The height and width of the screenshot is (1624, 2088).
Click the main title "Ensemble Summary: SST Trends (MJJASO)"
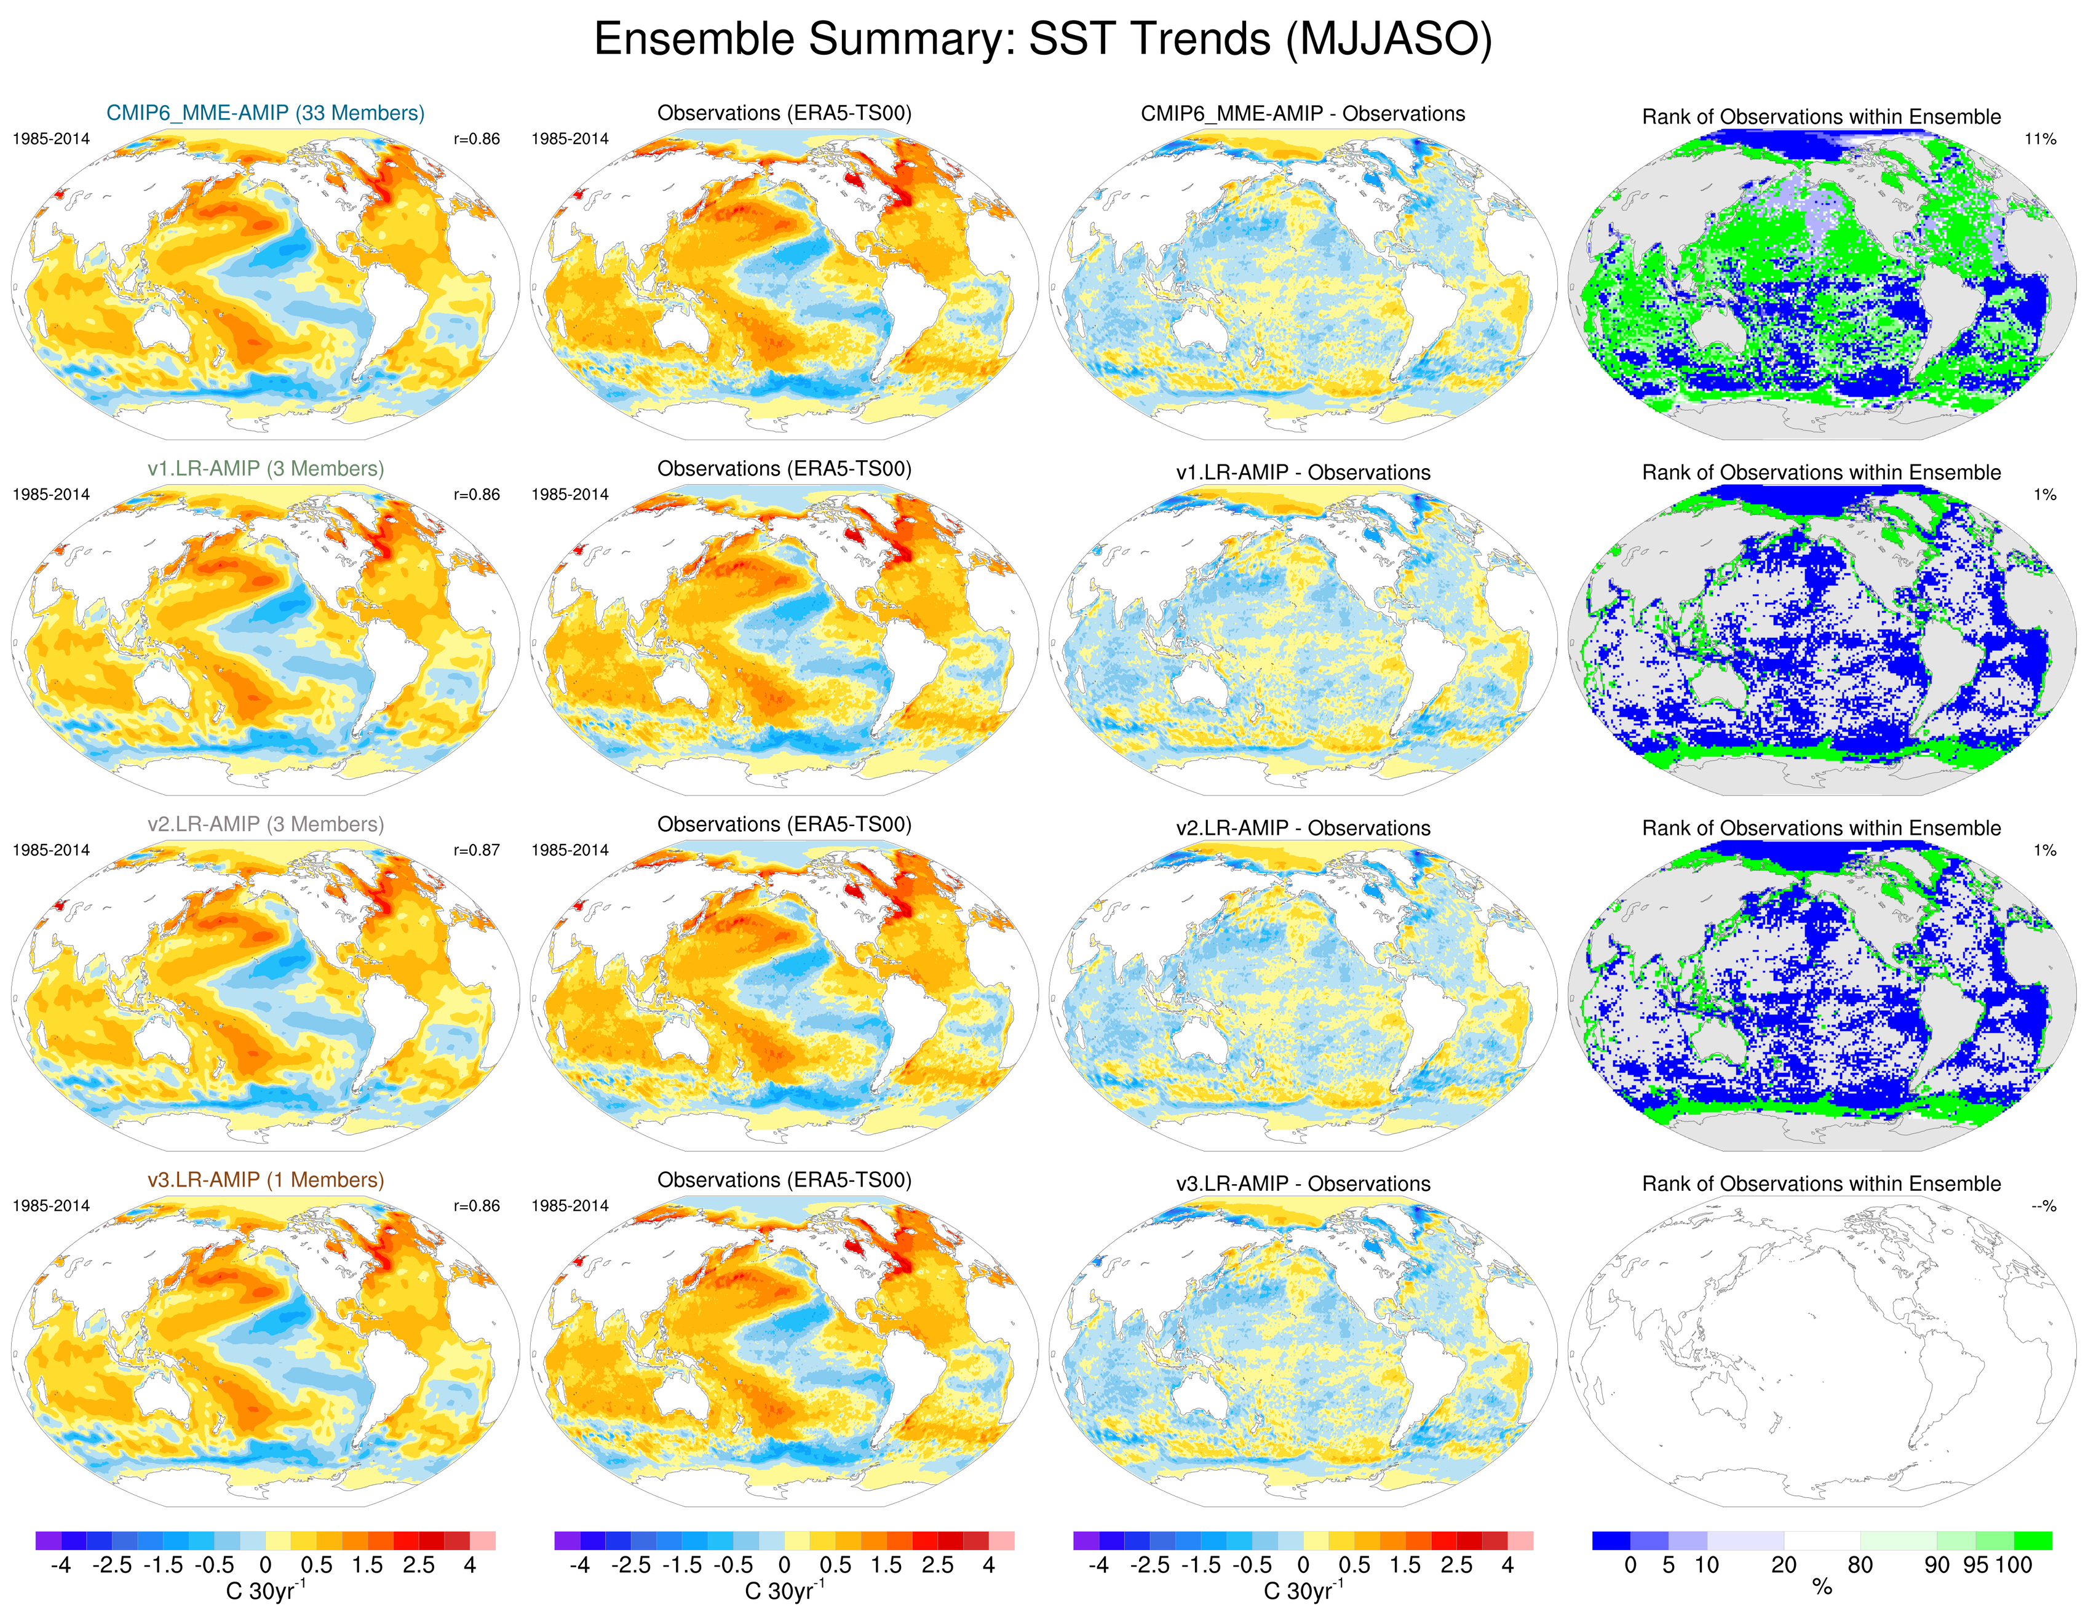tap(1042, 40)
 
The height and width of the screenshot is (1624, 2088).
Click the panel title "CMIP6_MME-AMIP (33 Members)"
tap(265, 113)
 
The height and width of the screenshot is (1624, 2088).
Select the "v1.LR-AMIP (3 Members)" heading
tap(265, 469)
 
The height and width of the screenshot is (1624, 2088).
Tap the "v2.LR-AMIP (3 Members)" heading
tap(265, 824)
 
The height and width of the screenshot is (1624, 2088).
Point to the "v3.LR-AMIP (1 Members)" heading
tap(265, 1180)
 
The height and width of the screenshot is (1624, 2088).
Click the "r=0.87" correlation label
tap(476, 850)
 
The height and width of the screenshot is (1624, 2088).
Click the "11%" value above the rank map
tap(2039, 138)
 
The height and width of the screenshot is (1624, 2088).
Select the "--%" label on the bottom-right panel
tap(2043, 1206)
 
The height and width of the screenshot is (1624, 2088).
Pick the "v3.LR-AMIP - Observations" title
tap(1302, 1184)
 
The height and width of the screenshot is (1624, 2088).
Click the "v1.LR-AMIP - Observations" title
tap(1302, 472)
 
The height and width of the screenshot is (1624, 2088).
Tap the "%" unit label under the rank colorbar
tap(1821, 1588)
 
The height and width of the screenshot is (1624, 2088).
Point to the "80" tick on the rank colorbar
tap(1859, 1565)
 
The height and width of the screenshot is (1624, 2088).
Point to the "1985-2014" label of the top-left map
tap(50, 138)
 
